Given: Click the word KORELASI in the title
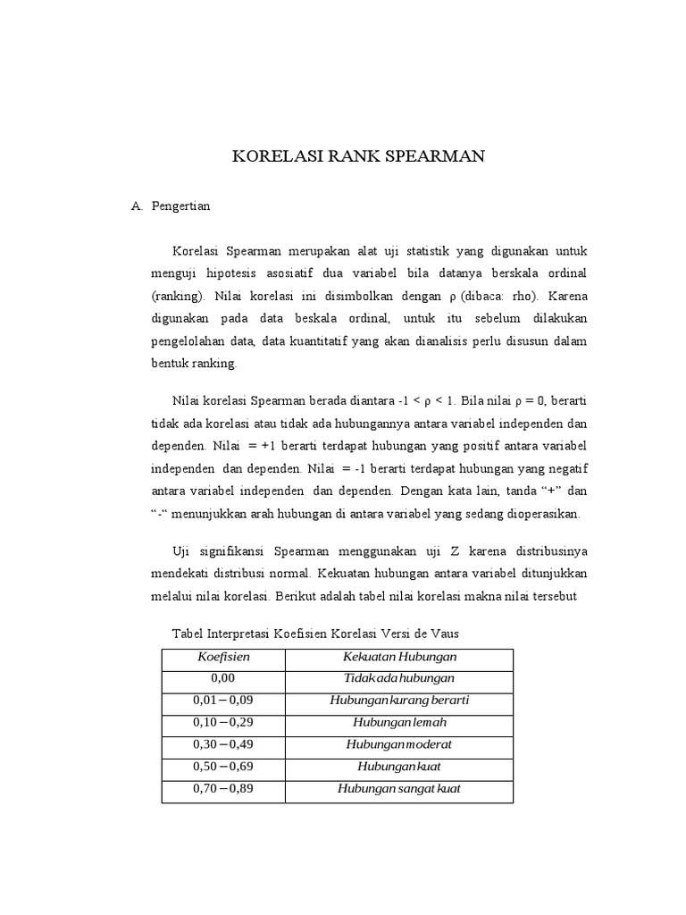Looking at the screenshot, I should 278,157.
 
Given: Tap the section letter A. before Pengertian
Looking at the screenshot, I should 137,206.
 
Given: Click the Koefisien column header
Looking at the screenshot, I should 223,657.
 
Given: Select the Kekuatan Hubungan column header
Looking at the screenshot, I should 399,657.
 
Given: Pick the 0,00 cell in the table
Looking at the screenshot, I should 223,679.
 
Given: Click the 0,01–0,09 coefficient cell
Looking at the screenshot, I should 223,701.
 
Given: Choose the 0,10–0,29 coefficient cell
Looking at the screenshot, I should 223,722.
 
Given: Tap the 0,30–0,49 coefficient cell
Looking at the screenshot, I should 223,744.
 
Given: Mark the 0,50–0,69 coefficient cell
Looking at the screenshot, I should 223,767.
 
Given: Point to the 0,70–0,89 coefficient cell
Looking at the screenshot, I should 223,789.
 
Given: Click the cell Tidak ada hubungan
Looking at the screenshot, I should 399,679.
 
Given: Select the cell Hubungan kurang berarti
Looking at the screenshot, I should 399,701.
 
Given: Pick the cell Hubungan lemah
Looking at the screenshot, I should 399,722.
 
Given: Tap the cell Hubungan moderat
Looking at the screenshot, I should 399,744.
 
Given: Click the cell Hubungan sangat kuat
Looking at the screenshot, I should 399,789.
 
